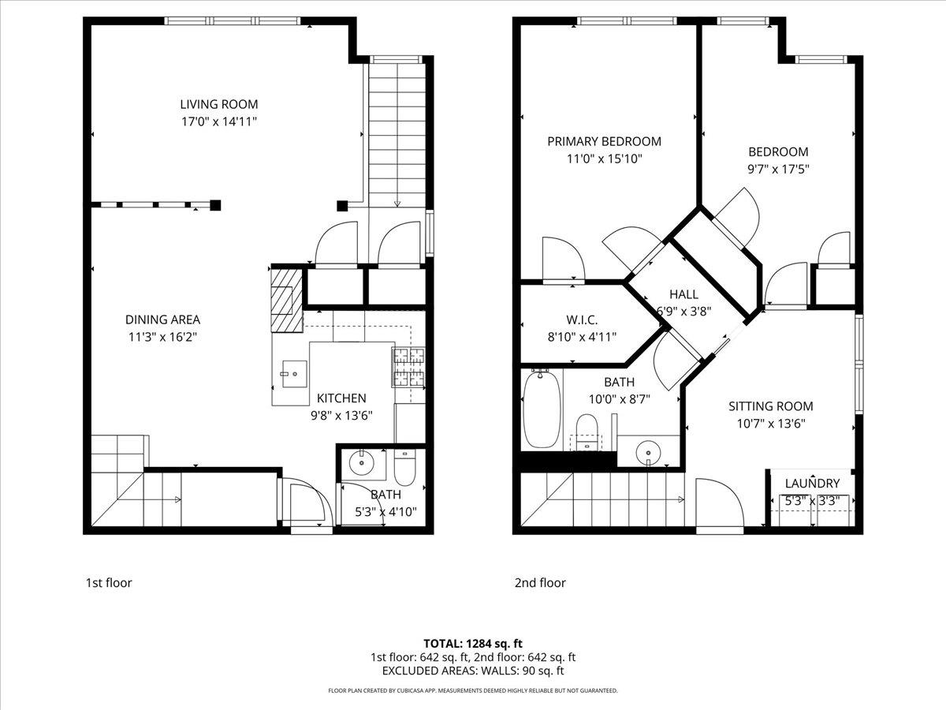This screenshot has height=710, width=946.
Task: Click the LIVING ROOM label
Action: (x=218, y=104)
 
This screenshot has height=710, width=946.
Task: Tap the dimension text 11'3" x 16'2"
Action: (x=162, y=337)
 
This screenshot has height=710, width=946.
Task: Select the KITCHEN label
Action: (x=341, y=398)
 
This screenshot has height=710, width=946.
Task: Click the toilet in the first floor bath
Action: (x=404, y=469)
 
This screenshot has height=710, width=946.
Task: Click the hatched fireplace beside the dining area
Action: (x=286, y=301)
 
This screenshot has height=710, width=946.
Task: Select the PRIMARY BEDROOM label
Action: (x=604, y=142)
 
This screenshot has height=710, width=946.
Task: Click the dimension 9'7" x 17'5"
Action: (x=777, y=169)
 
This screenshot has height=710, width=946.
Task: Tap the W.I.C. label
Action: (x=582, y=319)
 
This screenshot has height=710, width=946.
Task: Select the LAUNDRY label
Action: (x=812, y=484)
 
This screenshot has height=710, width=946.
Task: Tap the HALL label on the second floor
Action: (x=683, y=294)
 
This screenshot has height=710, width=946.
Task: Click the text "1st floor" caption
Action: (x=109, y=583)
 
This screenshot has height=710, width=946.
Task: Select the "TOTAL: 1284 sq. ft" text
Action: (x=473, y=643)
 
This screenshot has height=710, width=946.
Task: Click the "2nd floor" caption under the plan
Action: (x=540, y=583)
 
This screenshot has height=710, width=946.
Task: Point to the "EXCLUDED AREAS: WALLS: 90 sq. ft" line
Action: (x=473, y=671)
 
